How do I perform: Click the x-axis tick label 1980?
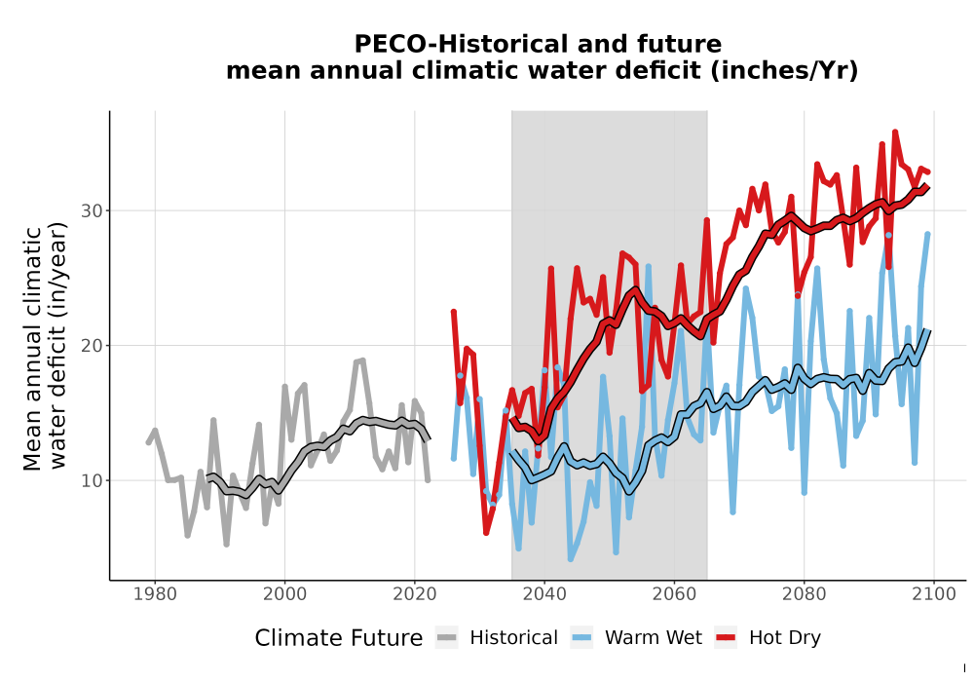click(x=155, y=594)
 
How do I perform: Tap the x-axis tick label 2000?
click(x=284, y=594)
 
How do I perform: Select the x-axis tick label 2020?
click(x=414, y=594)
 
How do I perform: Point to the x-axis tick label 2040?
click(x=544, y=594)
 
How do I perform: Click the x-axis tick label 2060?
click(x=674, y=594)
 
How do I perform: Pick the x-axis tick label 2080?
click(x=804, y=594)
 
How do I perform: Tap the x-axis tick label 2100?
click(x=934, y=594)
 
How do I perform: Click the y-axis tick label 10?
click(x=92, y=480)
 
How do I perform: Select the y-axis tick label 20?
click(x=92, y=346)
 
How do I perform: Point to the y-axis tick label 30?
click(x=92, y=211)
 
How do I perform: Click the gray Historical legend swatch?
click(x=447, y=638)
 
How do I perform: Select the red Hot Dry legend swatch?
click(x=726, y=638)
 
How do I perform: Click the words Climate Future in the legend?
click(x=339, y=638)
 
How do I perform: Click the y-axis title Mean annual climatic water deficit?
click(x=44, y=347)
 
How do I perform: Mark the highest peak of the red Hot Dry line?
click(x=895, y=132)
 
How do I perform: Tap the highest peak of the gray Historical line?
click(x=362, y=360)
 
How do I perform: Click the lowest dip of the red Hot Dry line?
click(x=486, y=533)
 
